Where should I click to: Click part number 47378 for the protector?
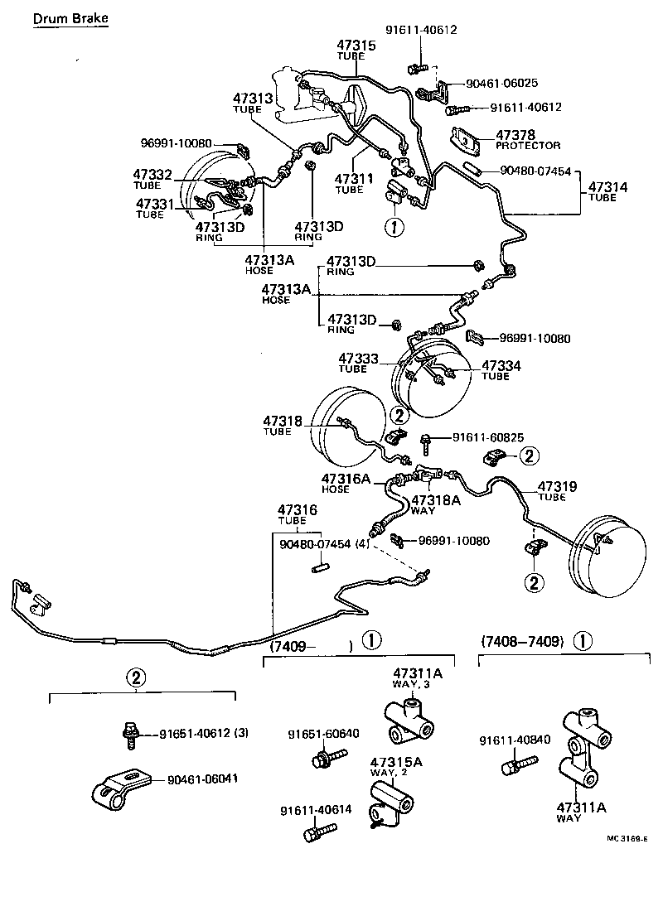pos(515,134)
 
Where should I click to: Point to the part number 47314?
pos(607,188)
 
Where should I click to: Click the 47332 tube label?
pos(152,174)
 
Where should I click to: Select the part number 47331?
pos(155,203)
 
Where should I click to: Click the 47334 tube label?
pos(502,365)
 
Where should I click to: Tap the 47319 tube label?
pos(558,486)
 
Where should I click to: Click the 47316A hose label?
pos(346,480)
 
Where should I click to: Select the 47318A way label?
pos(435,499)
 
